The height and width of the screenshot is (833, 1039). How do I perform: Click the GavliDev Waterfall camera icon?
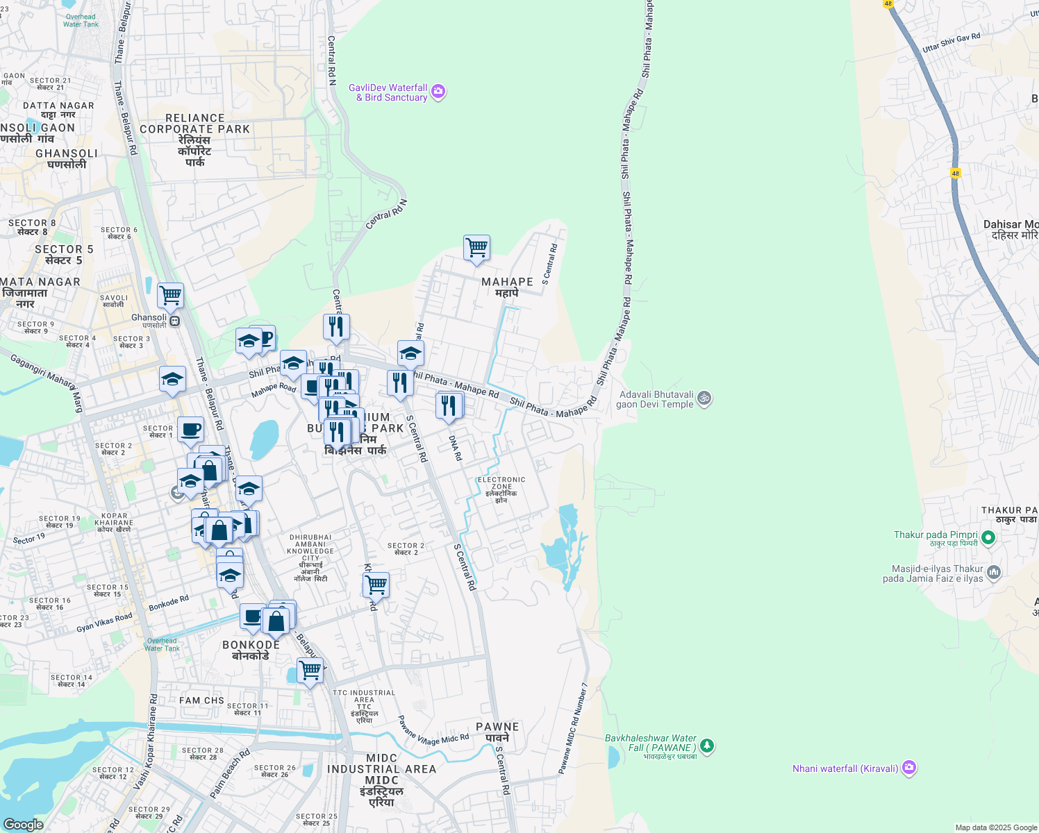click(438, 92)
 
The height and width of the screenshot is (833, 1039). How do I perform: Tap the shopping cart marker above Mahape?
click(476, 248)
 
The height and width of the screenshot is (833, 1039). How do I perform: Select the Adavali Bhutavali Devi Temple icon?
click(704, 398)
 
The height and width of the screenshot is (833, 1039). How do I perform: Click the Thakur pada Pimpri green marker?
click(988, 537)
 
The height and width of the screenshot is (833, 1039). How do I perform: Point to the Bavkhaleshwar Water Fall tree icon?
click(707, 746)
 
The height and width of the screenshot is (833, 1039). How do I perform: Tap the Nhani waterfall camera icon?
click(909, 768)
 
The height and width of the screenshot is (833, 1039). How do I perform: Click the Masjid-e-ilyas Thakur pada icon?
click(994, 572)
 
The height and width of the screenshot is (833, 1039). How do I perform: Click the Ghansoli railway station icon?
click(175, 321)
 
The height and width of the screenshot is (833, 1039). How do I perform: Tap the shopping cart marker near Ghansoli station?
click(170, 296)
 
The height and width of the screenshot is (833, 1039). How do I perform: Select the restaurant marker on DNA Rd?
click(449, 405)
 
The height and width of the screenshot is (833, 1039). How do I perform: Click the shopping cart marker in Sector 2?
click(376, 585)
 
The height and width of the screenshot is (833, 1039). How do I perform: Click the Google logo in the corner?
click(23, 824)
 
